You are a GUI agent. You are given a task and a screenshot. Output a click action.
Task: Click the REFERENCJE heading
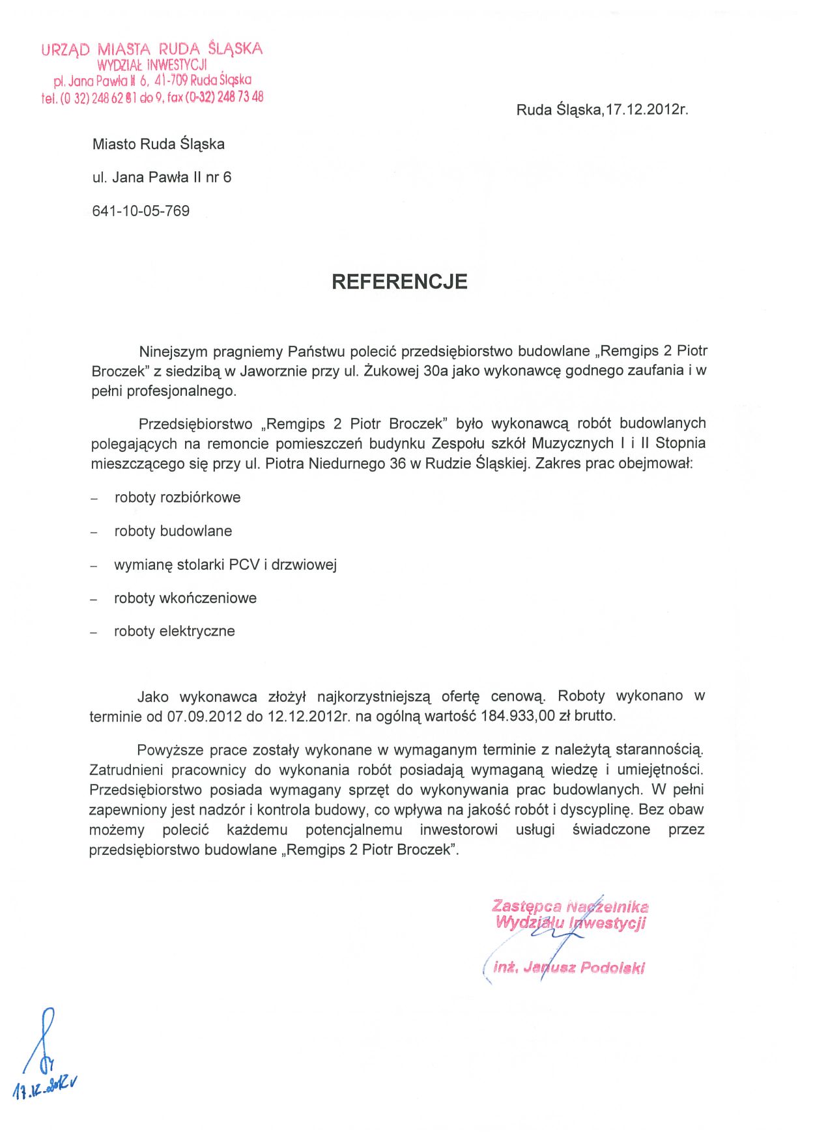point(399,281)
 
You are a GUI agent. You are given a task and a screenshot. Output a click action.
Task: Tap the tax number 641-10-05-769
point(141,211)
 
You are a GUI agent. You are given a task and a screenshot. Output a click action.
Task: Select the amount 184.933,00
point(518,716)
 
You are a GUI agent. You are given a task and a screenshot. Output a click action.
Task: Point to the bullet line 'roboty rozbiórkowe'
point(177,497)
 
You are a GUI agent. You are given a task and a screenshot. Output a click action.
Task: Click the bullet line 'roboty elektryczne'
point(174,631)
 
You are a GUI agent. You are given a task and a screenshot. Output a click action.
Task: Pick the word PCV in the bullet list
point(244,565)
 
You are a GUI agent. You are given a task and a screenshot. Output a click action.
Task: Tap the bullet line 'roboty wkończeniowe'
point(185,598)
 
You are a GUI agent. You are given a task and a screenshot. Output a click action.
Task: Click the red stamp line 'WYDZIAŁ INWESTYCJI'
point(152,64)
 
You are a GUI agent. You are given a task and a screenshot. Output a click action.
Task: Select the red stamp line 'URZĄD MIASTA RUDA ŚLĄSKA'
point(152,49)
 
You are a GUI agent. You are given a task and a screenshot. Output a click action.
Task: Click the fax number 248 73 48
point(241,97)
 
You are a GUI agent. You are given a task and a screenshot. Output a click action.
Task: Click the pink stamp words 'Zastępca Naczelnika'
point(570,906)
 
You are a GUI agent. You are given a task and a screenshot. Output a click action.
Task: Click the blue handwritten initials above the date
point(44,1042)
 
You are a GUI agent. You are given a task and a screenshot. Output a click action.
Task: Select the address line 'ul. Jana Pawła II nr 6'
point(162,177)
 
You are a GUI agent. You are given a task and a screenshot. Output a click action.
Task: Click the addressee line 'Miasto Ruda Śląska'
point(158,144)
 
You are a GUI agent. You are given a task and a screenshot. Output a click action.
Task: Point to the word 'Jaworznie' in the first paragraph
point(270,371)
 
